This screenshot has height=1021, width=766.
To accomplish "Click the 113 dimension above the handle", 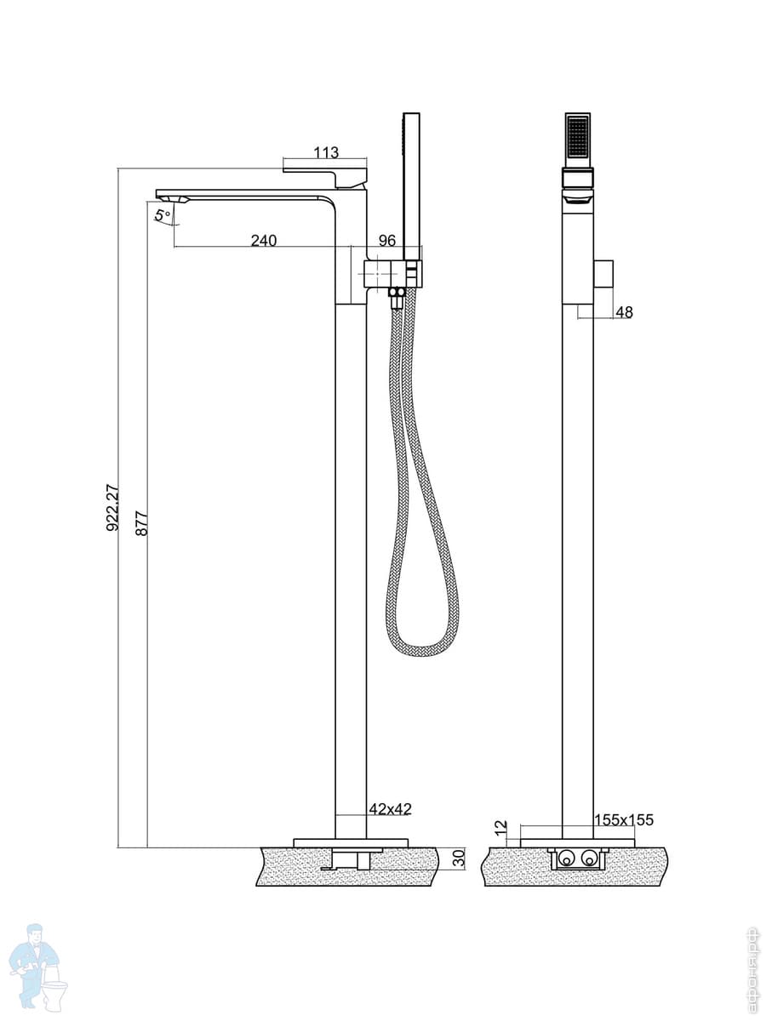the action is (326, 152).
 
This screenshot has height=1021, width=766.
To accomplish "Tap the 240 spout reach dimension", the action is (264, 240).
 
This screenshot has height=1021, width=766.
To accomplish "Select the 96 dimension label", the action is (387, 240).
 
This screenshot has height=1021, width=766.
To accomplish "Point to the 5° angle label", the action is (163, 215).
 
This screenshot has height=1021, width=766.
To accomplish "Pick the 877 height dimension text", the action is (142, 523).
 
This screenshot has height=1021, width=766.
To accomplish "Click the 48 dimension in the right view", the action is (624, 312).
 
